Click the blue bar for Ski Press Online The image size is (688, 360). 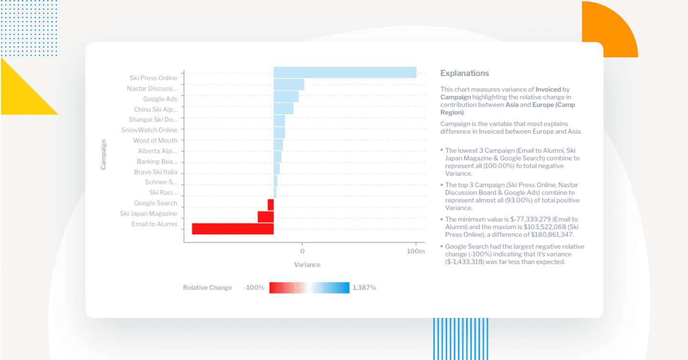tap(344, 73)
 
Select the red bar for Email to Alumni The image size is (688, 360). tap(233, 229)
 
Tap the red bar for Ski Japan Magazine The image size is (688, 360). tap(265, 217)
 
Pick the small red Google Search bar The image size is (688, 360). tap(270, 205)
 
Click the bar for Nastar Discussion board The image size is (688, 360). tap(289, 85)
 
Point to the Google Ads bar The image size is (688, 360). tap(286, 97)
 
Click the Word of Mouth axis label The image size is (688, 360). tap(155, 141)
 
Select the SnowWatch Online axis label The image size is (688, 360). tap(149, 130)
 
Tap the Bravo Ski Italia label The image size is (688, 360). tap(155, 172)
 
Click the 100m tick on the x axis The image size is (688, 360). tap(416, 251)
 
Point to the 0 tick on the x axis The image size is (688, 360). tap(302, 251)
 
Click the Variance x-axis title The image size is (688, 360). tap(307, 264)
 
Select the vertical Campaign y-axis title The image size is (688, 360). tap(103, 154)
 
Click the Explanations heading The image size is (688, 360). tap(464, 74)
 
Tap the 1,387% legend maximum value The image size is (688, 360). tap(365, 288)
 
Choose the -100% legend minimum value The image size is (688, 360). tap(254, 288)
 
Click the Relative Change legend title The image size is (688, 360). tap(207, 288)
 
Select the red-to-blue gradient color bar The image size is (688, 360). tap(309, 287)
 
